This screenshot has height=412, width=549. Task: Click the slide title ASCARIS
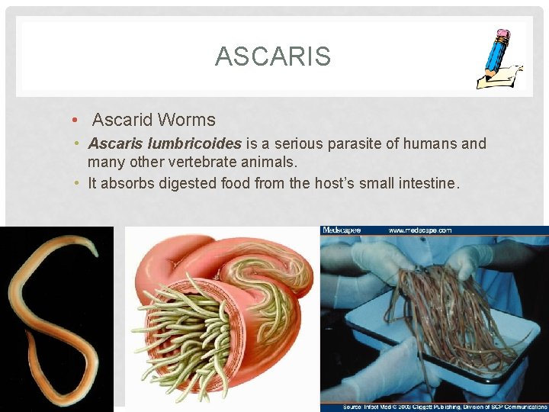[x=273, y=56]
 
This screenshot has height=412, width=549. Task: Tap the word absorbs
[x=126, y=183]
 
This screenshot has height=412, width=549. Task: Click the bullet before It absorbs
[x=79, y=183]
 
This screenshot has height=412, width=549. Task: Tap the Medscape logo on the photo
[x=341, y=230]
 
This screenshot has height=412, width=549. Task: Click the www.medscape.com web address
[x=419, y=230]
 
